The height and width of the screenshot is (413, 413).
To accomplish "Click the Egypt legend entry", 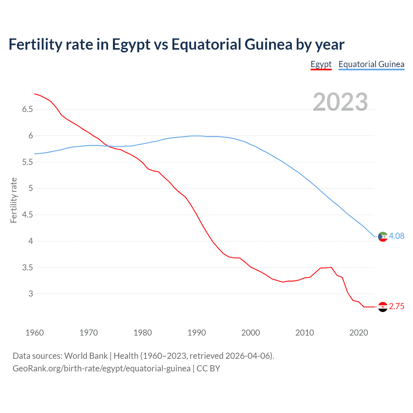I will coord(321,64).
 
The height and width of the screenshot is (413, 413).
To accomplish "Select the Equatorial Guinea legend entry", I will coord(371,64).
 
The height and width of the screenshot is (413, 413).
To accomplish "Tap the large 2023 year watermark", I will coord(340,102).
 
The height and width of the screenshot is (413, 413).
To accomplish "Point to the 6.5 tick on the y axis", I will coord(28,109).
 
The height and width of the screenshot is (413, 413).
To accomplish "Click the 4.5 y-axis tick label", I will coord(28,215).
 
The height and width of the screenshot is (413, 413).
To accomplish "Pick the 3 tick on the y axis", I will coord(31,294).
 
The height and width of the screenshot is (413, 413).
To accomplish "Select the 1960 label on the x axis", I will coord(35,333).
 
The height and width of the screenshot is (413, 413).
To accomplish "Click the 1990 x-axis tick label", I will coord(196,333).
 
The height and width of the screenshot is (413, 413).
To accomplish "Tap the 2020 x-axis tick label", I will coord(358,333).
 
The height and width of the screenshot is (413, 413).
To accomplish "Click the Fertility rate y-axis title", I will coord(14,200).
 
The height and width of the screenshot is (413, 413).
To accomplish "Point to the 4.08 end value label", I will coord(397,236).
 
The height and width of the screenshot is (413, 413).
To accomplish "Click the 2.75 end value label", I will coord(397,306).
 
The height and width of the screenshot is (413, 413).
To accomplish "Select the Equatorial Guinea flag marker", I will coord(383,237).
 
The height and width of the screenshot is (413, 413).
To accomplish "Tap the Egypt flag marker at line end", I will coord(383,307).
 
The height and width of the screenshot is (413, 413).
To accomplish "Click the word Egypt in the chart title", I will coord(131,45).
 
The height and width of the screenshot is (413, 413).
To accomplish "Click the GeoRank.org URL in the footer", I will coord(101,368).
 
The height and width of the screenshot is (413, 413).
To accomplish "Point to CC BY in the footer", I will coord(208,368).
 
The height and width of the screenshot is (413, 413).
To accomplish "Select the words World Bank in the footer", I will coord(86,356).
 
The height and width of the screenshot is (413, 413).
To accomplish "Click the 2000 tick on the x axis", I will coord(250,333).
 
